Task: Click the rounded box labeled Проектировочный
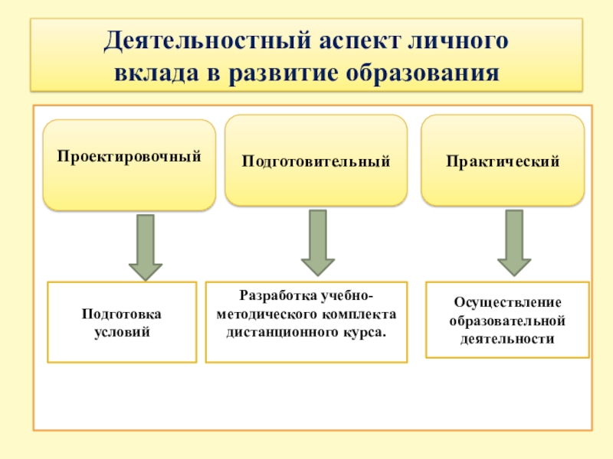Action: tap(129, 164)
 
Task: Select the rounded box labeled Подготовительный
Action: tap(316, 161)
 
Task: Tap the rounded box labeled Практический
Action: tap(503, 161)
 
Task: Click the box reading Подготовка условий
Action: tap(123, 322)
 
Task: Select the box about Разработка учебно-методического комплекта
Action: tap(306, 321)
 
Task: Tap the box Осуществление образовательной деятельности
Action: tap(507, 320)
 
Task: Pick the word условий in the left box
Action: tap(123, 333)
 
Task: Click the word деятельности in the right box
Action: tap(507, 337)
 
